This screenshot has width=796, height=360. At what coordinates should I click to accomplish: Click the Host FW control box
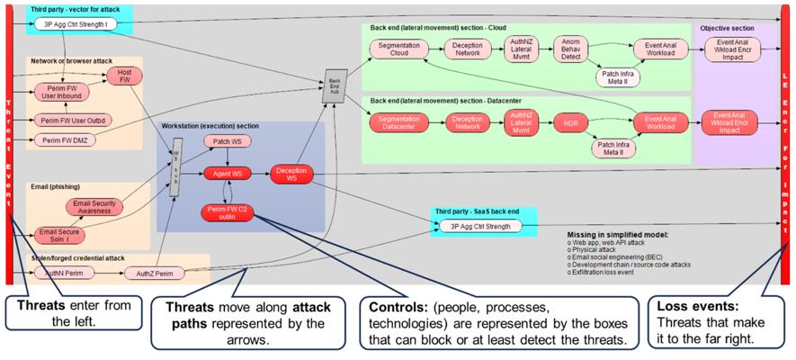(124, 76)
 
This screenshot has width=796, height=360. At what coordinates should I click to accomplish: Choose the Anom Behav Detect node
(570, 49)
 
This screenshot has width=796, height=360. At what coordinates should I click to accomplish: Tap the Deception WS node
(292, 174)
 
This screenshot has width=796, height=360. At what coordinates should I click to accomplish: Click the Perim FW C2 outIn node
(227, 212)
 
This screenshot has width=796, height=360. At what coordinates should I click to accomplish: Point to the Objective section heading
(727, 29)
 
